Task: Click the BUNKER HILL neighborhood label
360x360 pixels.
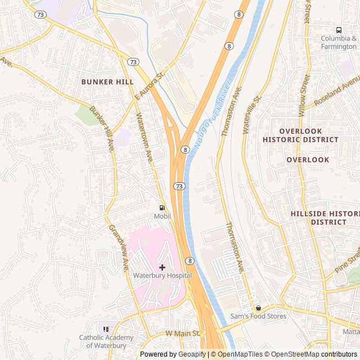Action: tap(107, 82)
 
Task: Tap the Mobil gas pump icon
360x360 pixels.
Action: tap(162, 208)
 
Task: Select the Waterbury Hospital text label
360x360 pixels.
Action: tap(162, 276)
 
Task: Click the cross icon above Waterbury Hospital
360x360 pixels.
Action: tap(162, 267)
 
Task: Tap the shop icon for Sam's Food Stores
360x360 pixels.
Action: tap(259, 308)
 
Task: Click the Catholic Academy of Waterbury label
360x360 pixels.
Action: tap(106, 341)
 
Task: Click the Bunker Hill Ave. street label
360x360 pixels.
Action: tap(102, 129)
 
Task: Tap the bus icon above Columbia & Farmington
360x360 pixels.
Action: tap(339, 30)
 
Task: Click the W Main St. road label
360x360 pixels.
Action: tap(183, 334)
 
